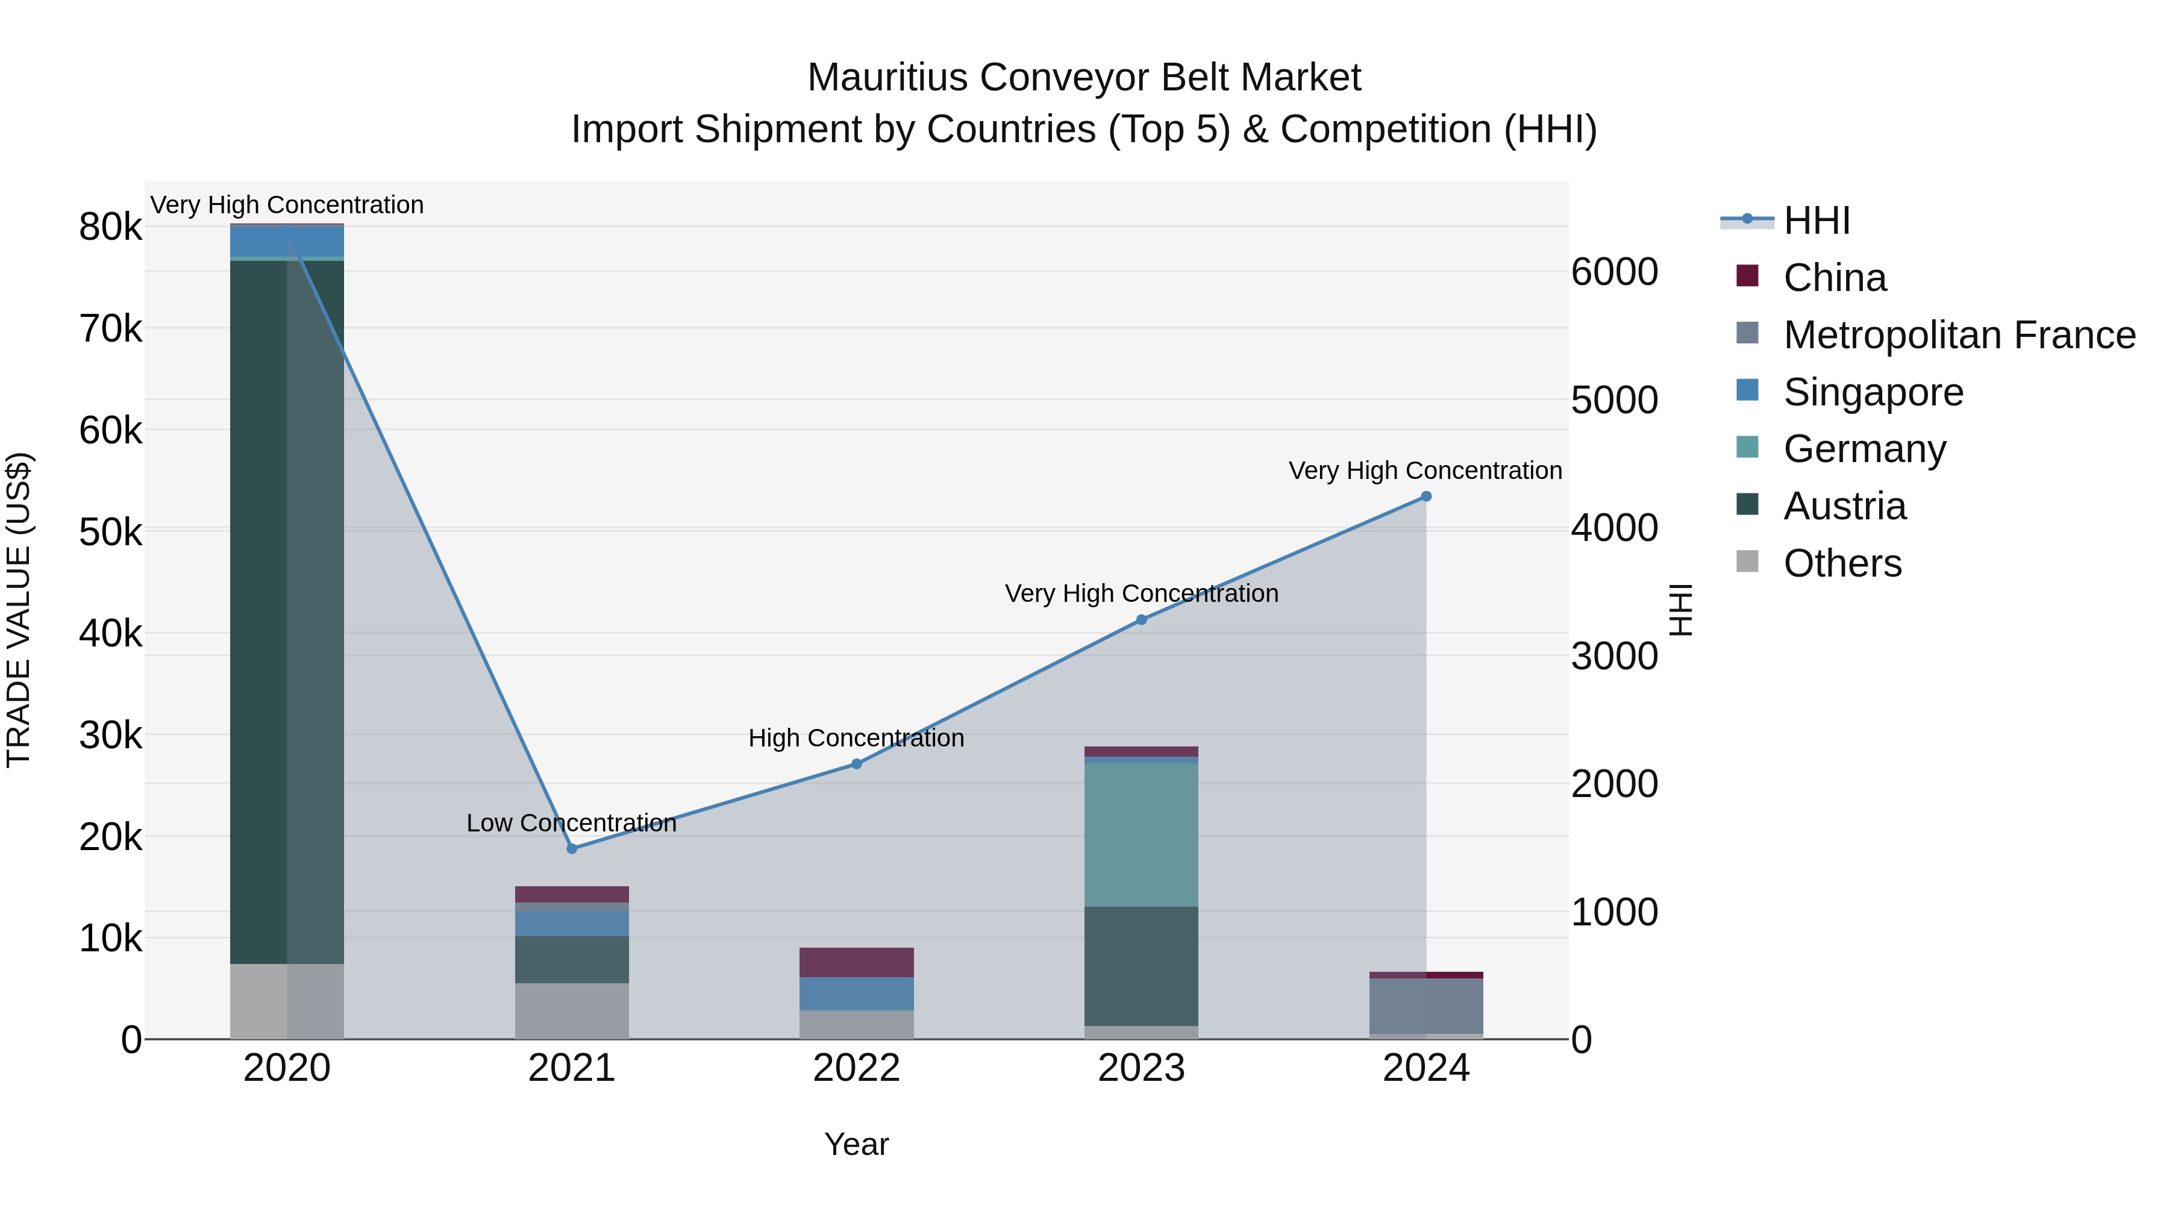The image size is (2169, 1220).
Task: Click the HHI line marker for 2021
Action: [572, 849]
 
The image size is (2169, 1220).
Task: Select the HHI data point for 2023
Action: [1142, 620]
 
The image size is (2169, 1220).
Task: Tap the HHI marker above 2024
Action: [1426, 497]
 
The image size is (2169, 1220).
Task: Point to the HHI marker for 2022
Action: [856, 764]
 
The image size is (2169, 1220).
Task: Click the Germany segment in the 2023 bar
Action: [1141, 834]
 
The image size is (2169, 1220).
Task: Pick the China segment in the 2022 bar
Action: [856, 962]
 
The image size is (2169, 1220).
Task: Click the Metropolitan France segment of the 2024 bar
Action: [1426, 1006]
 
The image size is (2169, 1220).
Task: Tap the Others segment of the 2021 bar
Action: [572, 1010]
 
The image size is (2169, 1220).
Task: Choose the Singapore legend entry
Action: [1873, 392]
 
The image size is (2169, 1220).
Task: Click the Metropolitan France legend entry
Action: [1959, 335]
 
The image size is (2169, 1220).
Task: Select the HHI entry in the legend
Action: [1816, 221]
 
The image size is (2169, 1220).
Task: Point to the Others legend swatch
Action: [1747, 562]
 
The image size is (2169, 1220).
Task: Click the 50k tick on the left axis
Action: [110, 532]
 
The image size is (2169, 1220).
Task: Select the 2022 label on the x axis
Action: [856, 1068]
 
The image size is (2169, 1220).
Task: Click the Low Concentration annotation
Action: [572, 822]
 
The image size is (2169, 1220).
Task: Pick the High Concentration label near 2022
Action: [856, 737]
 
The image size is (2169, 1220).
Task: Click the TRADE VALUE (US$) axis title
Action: [19, 610]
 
